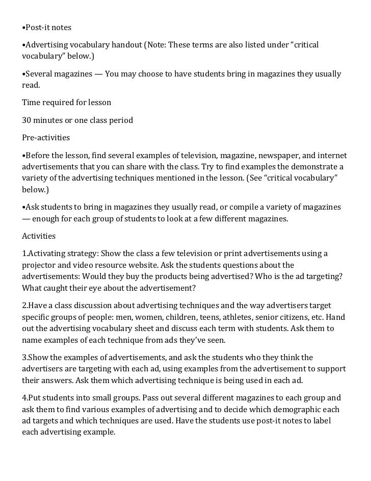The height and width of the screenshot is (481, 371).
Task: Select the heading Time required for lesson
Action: tap(66, 103)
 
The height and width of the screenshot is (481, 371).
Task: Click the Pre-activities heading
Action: tap(46, 138)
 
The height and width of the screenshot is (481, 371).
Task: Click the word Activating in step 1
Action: tap(46, 254)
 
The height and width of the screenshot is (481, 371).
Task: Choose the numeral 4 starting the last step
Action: tap(24, 398)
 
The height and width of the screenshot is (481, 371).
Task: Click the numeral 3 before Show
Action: tap(24, 358)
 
